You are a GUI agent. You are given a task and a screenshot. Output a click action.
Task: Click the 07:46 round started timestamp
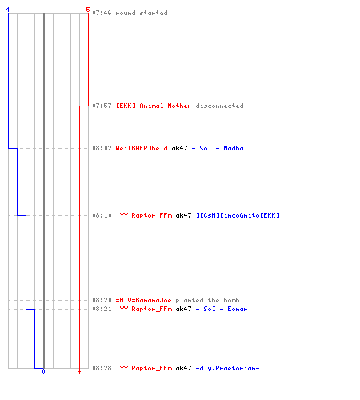tap(102, 13)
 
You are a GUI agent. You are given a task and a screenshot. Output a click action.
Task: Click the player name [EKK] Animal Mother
tap(154, 106)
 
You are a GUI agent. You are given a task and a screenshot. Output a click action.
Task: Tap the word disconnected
tap(219, 106)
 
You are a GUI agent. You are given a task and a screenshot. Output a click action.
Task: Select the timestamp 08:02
tap(102, 148)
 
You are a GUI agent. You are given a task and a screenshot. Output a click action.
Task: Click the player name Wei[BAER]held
tap(142, 148)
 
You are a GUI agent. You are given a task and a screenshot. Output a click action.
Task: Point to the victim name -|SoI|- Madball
tap(222, 148)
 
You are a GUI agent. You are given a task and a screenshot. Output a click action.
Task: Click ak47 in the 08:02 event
tap(179, 148)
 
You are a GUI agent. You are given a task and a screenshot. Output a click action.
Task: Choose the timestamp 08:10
tap(102, 215)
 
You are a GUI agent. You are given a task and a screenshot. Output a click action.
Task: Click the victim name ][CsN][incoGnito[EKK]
tap(238, 215)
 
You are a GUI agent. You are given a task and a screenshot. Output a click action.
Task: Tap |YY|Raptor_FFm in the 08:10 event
tap(145, 215)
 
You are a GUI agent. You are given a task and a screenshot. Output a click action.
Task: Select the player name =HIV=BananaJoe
tap(143, 300)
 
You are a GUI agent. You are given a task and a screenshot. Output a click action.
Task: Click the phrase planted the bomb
tap(207, 300)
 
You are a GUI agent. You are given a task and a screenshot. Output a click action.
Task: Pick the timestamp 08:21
tap(102, 309)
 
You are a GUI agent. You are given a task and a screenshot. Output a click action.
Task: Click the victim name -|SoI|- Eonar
tap(222, 309)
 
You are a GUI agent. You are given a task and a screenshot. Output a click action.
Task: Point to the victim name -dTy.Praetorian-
tap(227, 368)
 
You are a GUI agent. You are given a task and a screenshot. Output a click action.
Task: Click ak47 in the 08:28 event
tap(183, 368)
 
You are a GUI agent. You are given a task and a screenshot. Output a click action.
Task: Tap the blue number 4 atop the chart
tap(8, 10)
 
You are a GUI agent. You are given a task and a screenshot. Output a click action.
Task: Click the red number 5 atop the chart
tap(88, 10)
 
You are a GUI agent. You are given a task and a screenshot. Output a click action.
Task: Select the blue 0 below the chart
tap(43, 371)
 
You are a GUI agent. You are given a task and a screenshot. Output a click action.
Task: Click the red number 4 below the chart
tap(79, 371)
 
